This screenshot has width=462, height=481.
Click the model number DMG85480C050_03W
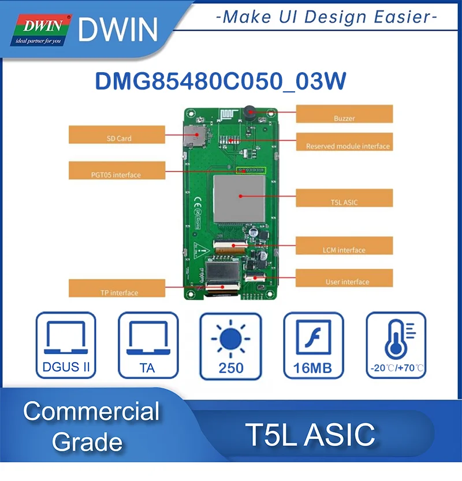click(221, 81)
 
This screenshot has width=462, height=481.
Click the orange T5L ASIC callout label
click(344, 198)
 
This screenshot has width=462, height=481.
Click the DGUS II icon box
click(66, 345)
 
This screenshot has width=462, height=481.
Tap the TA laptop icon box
click(148, 345)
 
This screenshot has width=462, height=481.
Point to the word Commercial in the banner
click(91, 412)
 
